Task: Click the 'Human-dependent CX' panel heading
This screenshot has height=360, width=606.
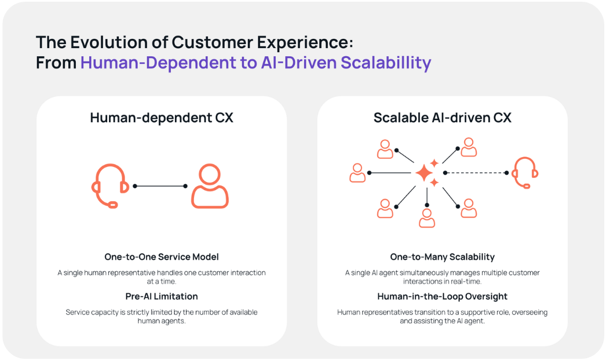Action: pos(162,118)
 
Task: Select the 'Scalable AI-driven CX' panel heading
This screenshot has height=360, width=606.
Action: pos(442,118)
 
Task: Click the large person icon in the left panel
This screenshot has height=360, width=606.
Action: pos(210,187)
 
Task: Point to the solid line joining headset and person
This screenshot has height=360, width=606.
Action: pos(160,186)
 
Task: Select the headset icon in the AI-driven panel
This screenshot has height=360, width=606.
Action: pos(525,173)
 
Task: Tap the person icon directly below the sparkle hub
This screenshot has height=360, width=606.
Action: pos(427,217)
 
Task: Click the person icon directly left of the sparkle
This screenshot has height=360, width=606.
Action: pos(357,173)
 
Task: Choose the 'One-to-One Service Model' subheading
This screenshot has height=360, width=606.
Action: pos(162,257)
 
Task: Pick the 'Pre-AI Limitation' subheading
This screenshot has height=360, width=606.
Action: pos(162,296)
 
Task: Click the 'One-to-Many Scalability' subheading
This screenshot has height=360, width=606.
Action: pos(442,257)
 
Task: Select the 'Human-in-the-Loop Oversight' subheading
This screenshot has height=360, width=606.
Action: pos(442,296)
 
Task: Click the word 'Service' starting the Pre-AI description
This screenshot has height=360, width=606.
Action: pos(78,312)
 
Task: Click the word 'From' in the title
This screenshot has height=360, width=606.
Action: pos(56,63)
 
